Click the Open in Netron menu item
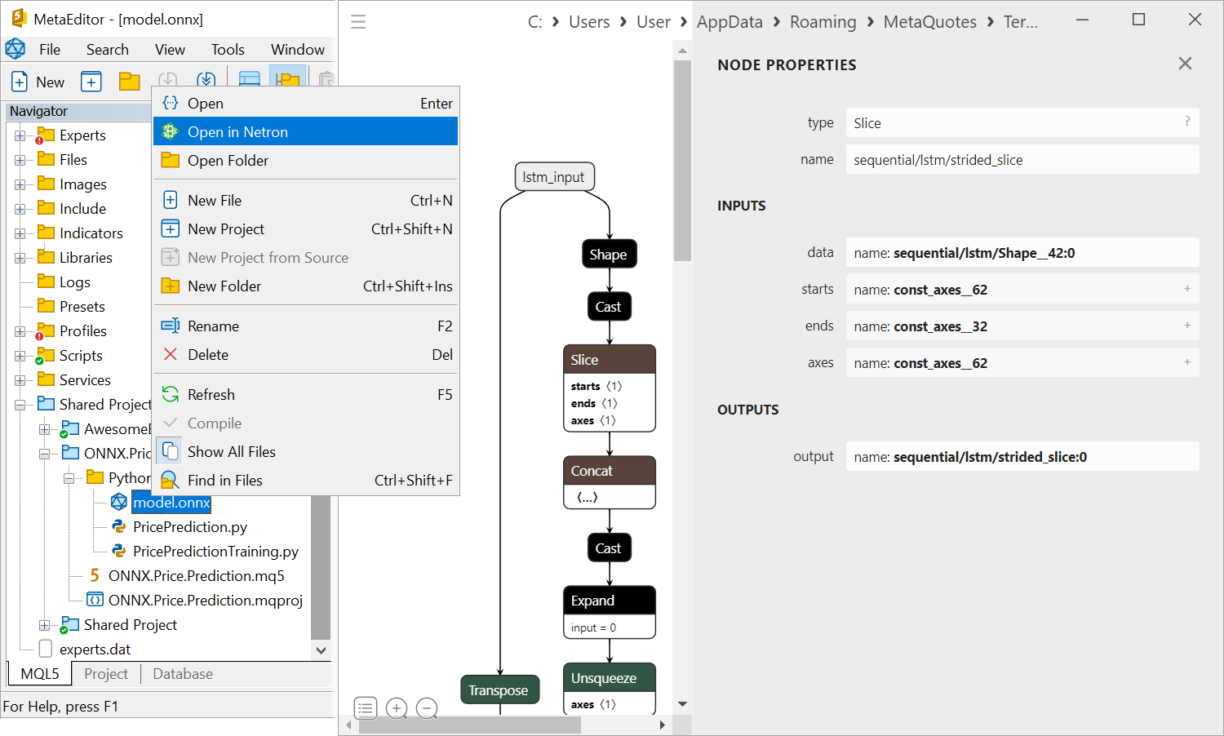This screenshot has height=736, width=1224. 237,132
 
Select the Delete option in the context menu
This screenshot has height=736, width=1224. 208,355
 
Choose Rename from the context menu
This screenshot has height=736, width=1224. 213,326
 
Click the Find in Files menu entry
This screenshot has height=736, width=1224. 224,481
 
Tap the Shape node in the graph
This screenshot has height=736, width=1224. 609,255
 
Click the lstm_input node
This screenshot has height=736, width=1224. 554,177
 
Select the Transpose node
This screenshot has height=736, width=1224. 499,690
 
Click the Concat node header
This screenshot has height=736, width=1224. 609,471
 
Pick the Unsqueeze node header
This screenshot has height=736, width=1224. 609,678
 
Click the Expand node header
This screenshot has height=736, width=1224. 609,601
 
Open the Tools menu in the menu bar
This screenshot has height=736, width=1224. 228,50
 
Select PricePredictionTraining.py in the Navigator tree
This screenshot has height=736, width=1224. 215,552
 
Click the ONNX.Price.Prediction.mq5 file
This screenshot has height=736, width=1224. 196,576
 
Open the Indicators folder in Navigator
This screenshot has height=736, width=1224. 91,233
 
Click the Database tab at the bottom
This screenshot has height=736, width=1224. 183,674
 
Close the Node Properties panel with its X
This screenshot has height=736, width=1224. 1185,64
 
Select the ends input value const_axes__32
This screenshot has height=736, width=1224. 940,326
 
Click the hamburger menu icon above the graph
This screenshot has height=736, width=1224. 358,22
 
